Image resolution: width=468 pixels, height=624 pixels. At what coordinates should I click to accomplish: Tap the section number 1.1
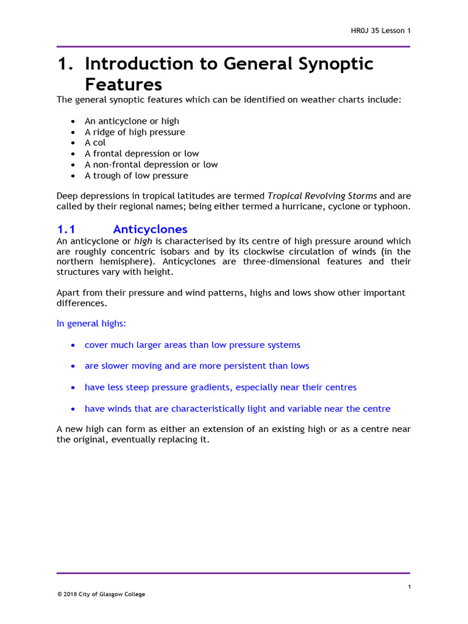(65, 230)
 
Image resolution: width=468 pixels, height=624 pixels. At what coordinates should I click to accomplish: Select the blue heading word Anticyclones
(150, 230)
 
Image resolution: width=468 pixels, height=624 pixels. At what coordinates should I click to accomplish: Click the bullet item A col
(95, 143)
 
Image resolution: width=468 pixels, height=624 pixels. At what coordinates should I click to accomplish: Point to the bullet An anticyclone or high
(132, 121)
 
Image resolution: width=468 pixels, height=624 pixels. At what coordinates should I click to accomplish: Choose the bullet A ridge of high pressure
(135, 132)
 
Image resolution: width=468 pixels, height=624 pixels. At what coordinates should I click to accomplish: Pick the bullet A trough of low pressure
(136, 175)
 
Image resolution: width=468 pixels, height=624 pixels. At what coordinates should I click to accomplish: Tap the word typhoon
(392, 207)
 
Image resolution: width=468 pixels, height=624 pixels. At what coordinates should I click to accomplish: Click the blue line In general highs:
(91, 324)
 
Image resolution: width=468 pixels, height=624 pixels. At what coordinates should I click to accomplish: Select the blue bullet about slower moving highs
(197, 366)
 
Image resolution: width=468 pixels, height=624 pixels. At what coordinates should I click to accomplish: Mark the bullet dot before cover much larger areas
(73, 346)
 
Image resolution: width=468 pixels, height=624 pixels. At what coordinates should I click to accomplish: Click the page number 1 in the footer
(409, 587)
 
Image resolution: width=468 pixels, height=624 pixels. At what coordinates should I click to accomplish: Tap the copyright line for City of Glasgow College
(101, 594)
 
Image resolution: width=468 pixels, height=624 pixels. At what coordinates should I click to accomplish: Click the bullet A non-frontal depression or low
(151, 165)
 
